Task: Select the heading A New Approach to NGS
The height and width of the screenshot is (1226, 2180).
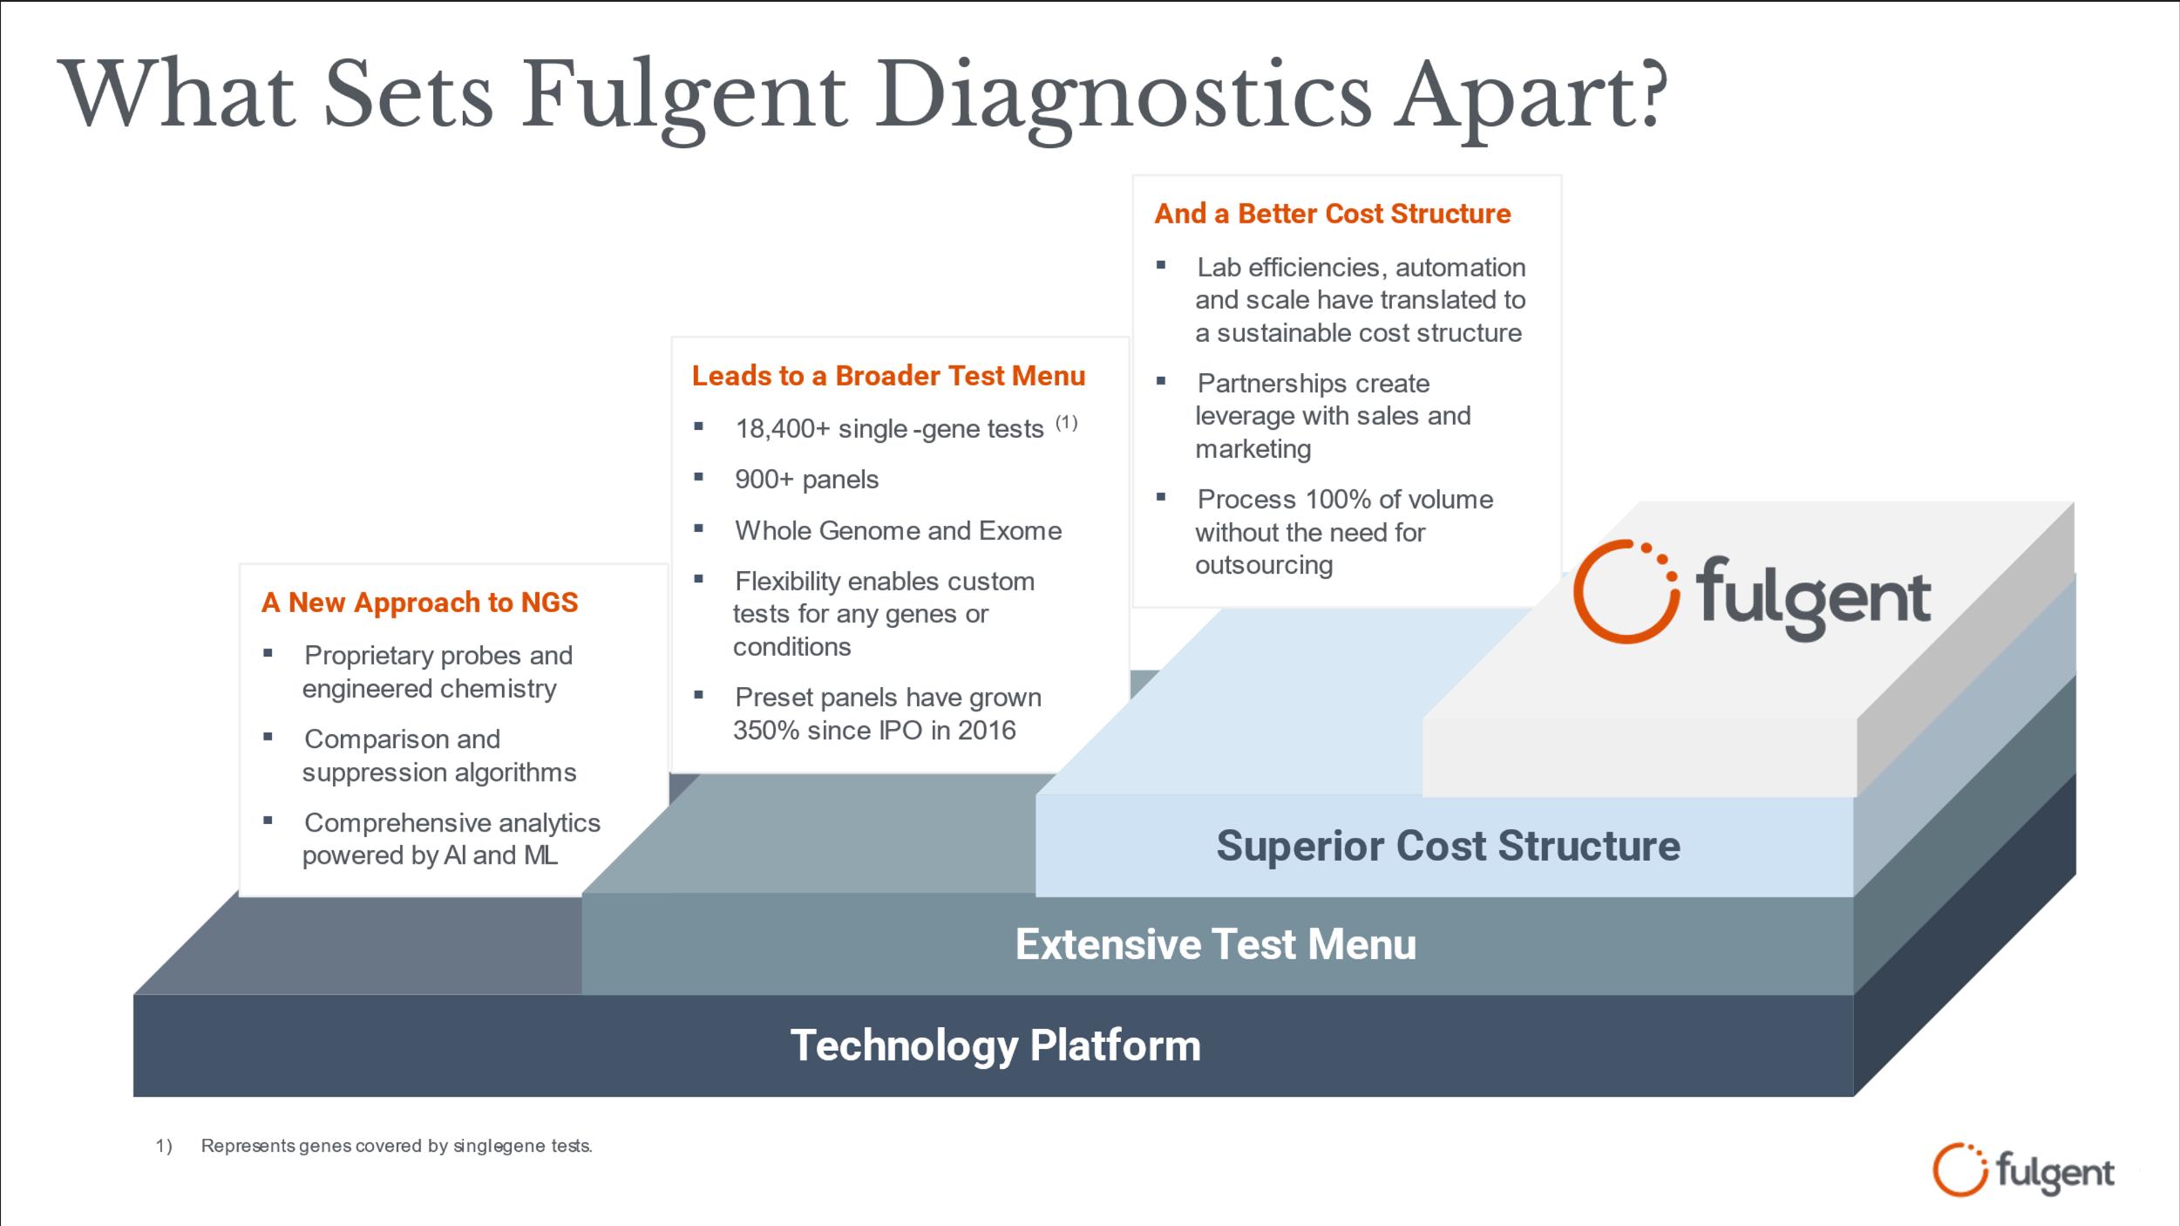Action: [x=419, y=603]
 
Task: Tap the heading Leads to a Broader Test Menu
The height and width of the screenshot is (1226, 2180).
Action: [x=888, y=376]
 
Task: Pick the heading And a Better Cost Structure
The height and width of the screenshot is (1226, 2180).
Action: [x=1332, y=214]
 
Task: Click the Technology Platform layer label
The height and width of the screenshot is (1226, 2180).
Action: [x=995, y=1046]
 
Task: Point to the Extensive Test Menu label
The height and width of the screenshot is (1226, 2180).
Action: [x=1215, y=944]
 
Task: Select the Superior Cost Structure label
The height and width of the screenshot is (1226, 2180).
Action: [x=1447, y=846]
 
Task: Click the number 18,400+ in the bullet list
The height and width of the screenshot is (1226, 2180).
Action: [x=782, y=429]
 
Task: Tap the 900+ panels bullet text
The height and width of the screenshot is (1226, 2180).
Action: [x=806, y=480]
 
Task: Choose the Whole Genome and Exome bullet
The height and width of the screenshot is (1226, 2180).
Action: [x=898, y=531]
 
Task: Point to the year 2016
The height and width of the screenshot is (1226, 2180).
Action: [x=987, y=731]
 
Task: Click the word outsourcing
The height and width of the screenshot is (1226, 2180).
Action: [x=1263, y=566]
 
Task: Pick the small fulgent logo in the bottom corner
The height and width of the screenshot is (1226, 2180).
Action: [x=2022, y=1171]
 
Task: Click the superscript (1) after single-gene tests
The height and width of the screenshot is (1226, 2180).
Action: [x=1066, y=423]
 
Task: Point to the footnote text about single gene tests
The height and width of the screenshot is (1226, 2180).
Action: [x=397, y=1146]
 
